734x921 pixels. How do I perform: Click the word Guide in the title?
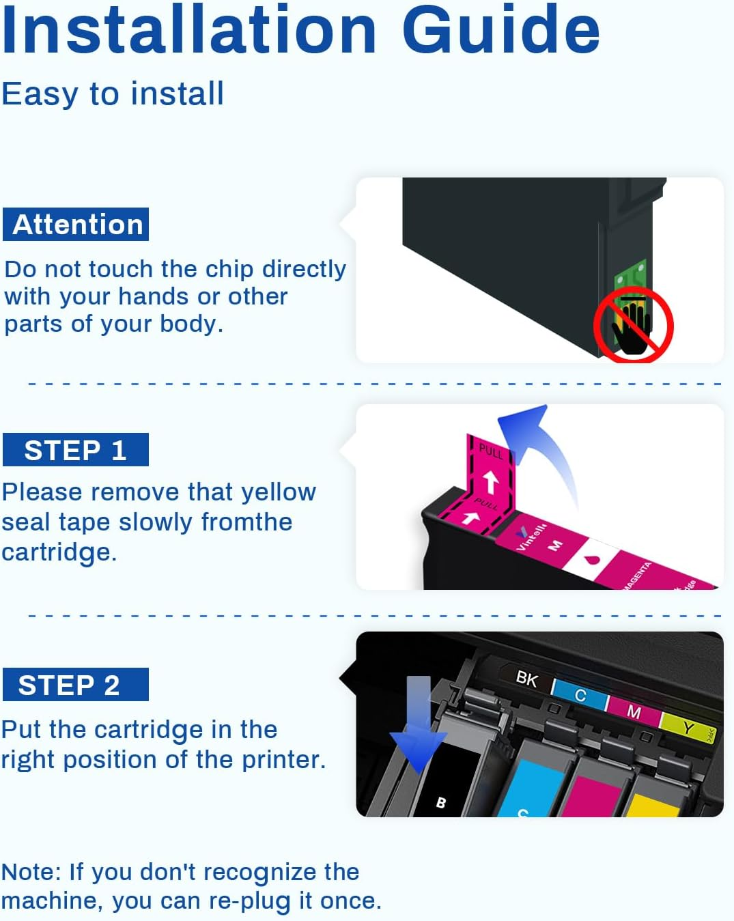(500, 30)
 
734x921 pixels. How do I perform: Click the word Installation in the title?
(189, 30)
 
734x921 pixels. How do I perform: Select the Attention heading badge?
(76, 225)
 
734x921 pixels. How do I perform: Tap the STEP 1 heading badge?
(76, 450)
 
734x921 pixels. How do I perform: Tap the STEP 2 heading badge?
(76, 685)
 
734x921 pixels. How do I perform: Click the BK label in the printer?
(526, 679)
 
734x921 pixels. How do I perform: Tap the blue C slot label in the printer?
(580, 695)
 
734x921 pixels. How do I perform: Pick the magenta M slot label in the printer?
(634, 712)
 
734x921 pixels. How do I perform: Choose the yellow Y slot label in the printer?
(688, 728)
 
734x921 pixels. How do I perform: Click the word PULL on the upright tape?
(490, 451)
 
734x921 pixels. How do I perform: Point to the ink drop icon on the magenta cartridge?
(592, 560)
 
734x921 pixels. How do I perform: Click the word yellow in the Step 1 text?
(279, 492)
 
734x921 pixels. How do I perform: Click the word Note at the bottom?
(31, 872)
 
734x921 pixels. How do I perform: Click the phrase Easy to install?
(113, 94)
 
